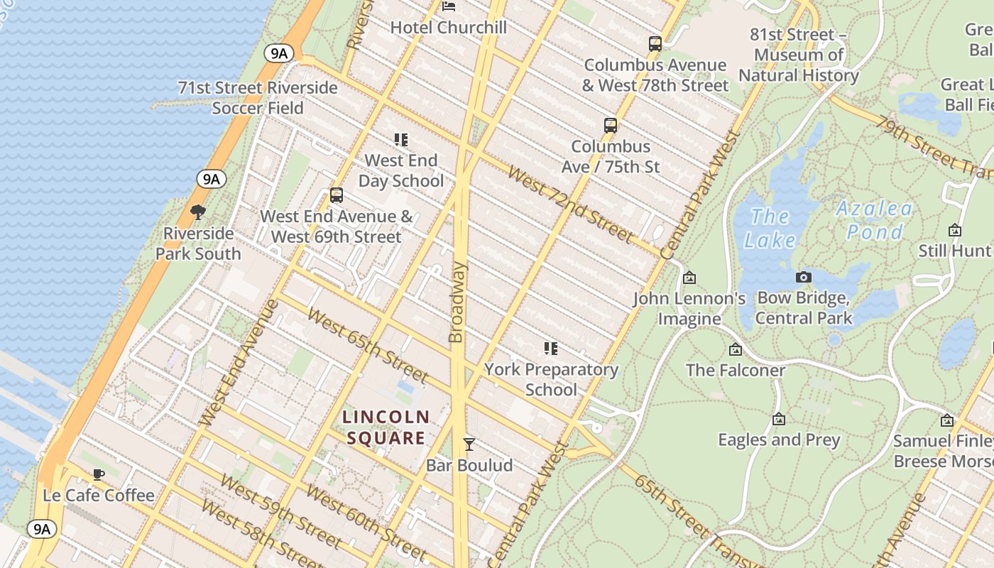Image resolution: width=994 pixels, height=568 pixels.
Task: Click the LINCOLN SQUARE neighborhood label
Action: [x=386, y=427]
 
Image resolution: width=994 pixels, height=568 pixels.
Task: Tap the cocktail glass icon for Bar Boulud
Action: [x=469, y=444]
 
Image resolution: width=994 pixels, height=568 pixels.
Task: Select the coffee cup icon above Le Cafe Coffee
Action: [x=99, y=474]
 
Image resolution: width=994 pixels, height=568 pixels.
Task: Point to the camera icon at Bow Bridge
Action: [x=803, y=277]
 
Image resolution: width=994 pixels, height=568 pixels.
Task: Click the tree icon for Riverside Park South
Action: [x=198, y=212]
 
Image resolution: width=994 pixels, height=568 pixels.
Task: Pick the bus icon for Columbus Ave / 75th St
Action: [x=610, y=126]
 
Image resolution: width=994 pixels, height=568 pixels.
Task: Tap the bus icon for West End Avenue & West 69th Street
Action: [x=337, y=195]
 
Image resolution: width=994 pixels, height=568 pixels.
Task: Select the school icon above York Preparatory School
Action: [x=551, y=349]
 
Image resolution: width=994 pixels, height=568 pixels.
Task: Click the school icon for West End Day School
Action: [x=401, y=140]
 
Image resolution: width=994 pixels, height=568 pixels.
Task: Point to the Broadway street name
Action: [x=457, y=302]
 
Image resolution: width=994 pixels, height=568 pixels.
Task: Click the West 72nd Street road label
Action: [x=569, y=204]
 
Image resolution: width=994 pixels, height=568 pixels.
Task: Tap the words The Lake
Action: [x=770, y=228]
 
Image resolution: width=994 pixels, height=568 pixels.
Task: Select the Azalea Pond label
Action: [x=873, y=220]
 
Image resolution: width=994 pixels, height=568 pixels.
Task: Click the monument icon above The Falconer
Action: [x=735, y=349]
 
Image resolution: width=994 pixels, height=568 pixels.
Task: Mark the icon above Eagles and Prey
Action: [x=779, y=419]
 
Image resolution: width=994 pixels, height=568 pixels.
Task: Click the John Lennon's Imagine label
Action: [x=689, y=308]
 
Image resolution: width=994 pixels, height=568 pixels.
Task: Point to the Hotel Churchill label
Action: [x=449, y=27]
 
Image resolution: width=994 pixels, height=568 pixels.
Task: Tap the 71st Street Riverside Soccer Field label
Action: [x=258, y=98]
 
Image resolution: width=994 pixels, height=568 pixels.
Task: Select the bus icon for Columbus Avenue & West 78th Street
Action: [x=655, y=44]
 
